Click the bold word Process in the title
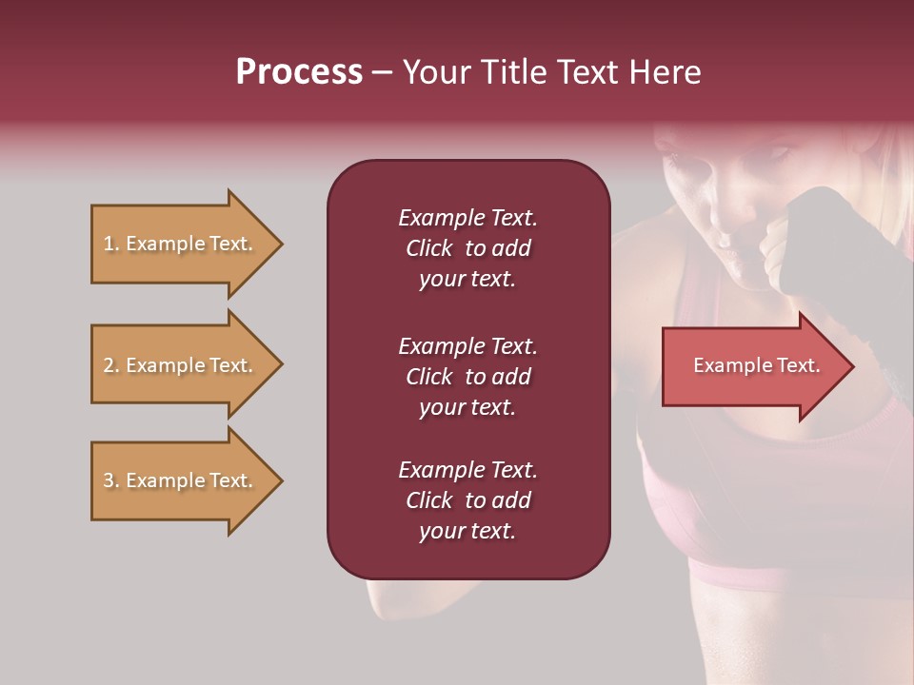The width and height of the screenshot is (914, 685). tap(299, 71)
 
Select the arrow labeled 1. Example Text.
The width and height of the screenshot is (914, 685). tap(181, 244)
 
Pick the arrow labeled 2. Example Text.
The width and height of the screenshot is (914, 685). tap(181, 365)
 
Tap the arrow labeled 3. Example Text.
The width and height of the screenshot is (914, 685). tap(181, 480)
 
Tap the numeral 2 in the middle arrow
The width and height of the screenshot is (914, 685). tap(109, 365)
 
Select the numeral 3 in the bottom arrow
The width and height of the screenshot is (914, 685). tap(109, 480)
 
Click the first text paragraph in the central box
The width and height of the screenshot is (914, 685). tap(467, 248)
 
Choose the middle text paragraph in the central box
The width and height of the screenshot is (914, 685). tap(467, 377)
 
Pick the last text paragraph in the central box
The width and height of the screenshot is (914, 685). tap(467, 500)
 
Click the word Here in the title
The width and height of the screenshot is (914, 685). tap(667, 71)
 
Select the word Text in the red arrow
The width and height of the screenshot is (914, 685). tap(799, 365)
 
